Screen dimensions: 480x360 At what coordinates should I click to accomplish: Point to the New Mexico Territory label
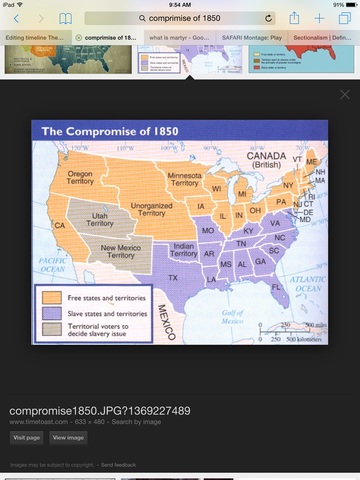124,251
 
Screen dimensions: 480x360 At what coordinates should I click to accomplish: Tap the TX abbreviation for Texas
174,277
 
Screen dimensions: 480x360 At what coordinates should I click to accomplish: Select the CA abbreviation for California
59,226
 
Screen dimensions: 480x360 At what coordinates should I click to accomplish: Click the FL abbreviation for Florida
276,287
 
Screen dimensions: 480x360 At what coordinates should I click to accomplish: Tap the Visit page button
26,438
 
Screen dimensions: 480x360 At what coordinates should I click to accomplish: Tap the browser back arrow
16,18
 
